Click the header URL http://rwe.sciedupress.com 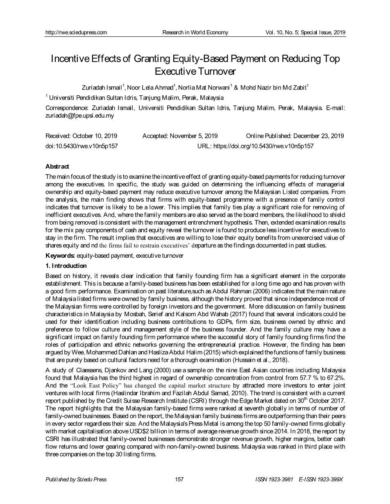click(76, 32)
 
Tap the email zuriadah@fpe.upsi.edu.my click(79, 116)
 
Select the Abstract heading click(57, 166)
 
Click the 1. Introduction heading click(66, 266)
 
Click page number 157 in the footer click(179, 479)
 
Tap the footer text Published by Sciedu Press click(76, 479)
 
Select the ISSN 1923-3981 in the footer click(274, 479)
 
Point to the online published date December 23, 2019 click(318, 136)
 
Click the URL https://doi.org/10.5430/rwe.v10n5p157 click(263, 146)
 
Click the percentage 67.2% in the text click(335, 377)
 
